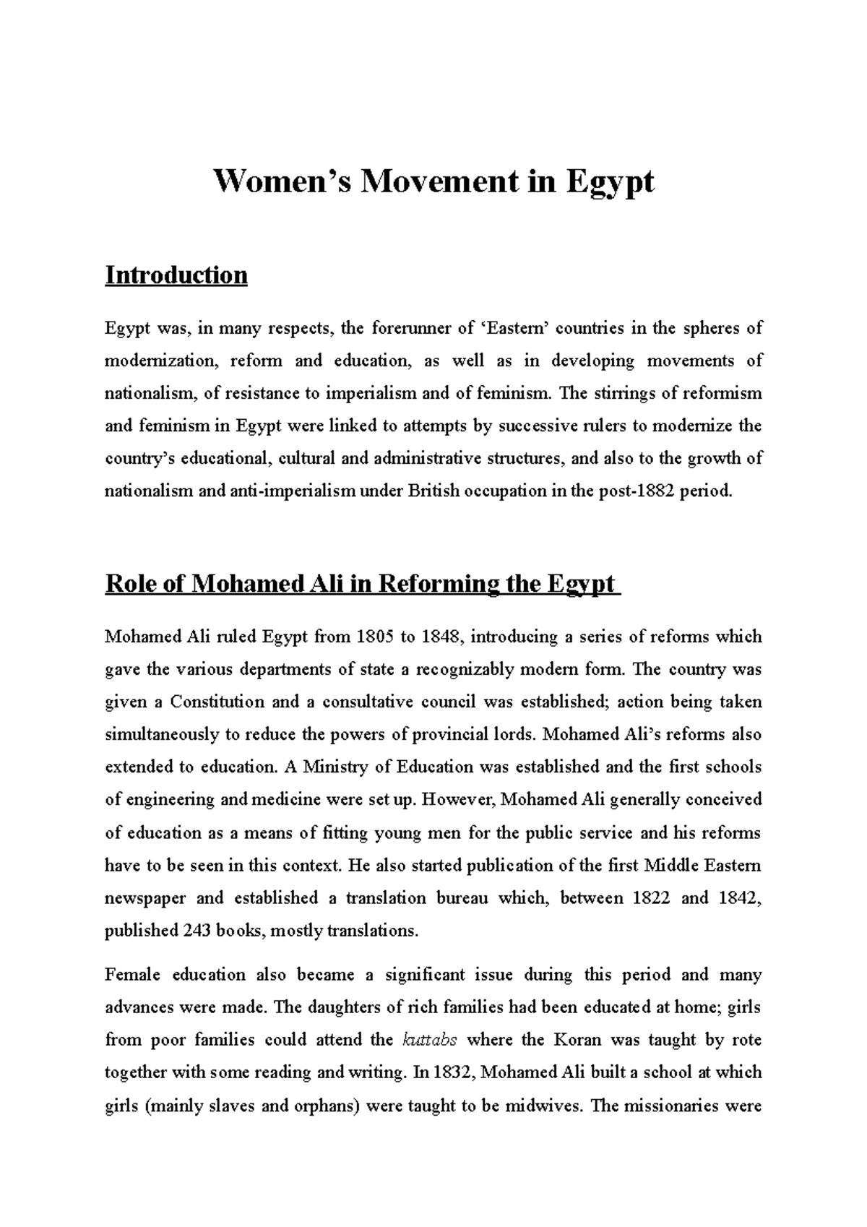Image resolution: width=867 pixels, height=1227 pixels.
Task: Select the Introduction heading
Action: coord(176,275)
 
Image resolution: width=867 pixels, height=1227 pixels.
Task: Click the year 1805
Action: coord(374,637)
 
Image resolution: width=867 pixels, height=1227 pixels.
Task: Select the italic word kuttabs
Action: coord(428,1040)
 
